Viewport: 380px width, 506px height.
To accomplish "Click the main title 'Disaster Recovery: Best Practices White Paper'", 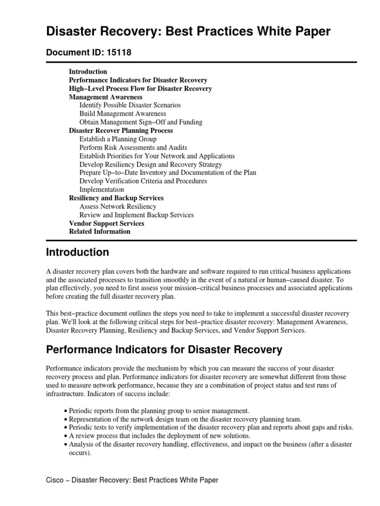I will pyautogui.click(x=188, y=32).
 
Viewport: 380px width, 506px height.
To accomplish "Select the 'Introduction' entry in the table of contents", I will pyautogui.click(x=88, y=72).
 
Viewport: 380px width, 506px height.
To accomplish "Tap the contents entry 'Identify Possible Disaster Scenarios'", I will pyautogui.click(x=130, y=105).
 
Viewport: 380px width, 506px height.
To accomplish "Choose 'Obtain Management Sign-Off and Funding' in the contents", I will pyautogui.click(x=141, y=122).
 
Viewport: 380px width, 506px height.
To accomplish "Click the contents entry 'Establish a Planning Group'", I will pyautogui.click(x=118, y=139).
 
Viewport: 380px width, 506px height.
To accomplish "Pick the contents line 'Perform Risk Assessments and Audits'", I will pyautogui.click(x=133, y=148).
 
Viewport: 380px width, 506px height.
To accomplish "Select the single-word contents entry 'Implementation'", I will pyautogui.click(x=101, y=190).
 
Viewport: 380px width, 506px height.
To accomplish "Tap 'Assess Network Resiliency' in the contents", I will pyautogui.click(x=117, y=207).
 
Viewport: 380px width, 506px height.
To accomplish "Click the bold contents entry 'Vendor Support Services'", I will pyautogui.click(x=106, y=223).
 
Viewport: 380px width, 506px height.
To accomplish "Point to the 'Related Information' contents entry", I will pyautogui.click(x=99, y=231).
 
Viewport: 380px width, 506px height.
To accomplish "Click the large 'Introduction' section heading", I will pyautogui.click(x=77, y=253).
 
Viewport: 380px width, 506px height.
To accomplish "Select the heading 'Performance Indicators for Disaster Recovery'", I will pyautogui.click(x=164, y=350).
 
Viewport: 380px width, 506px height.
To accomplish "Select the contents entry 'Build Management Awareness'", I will pyautogui.click(x=122, y=114).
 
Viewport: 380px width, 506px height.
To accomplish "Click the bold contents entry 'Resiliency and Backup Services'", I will pyautogui.click(x=116, y=198).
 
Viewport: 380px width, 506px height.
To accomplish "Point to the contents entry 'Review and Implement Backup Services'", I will pyautogui.click(x=136, y=215).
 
